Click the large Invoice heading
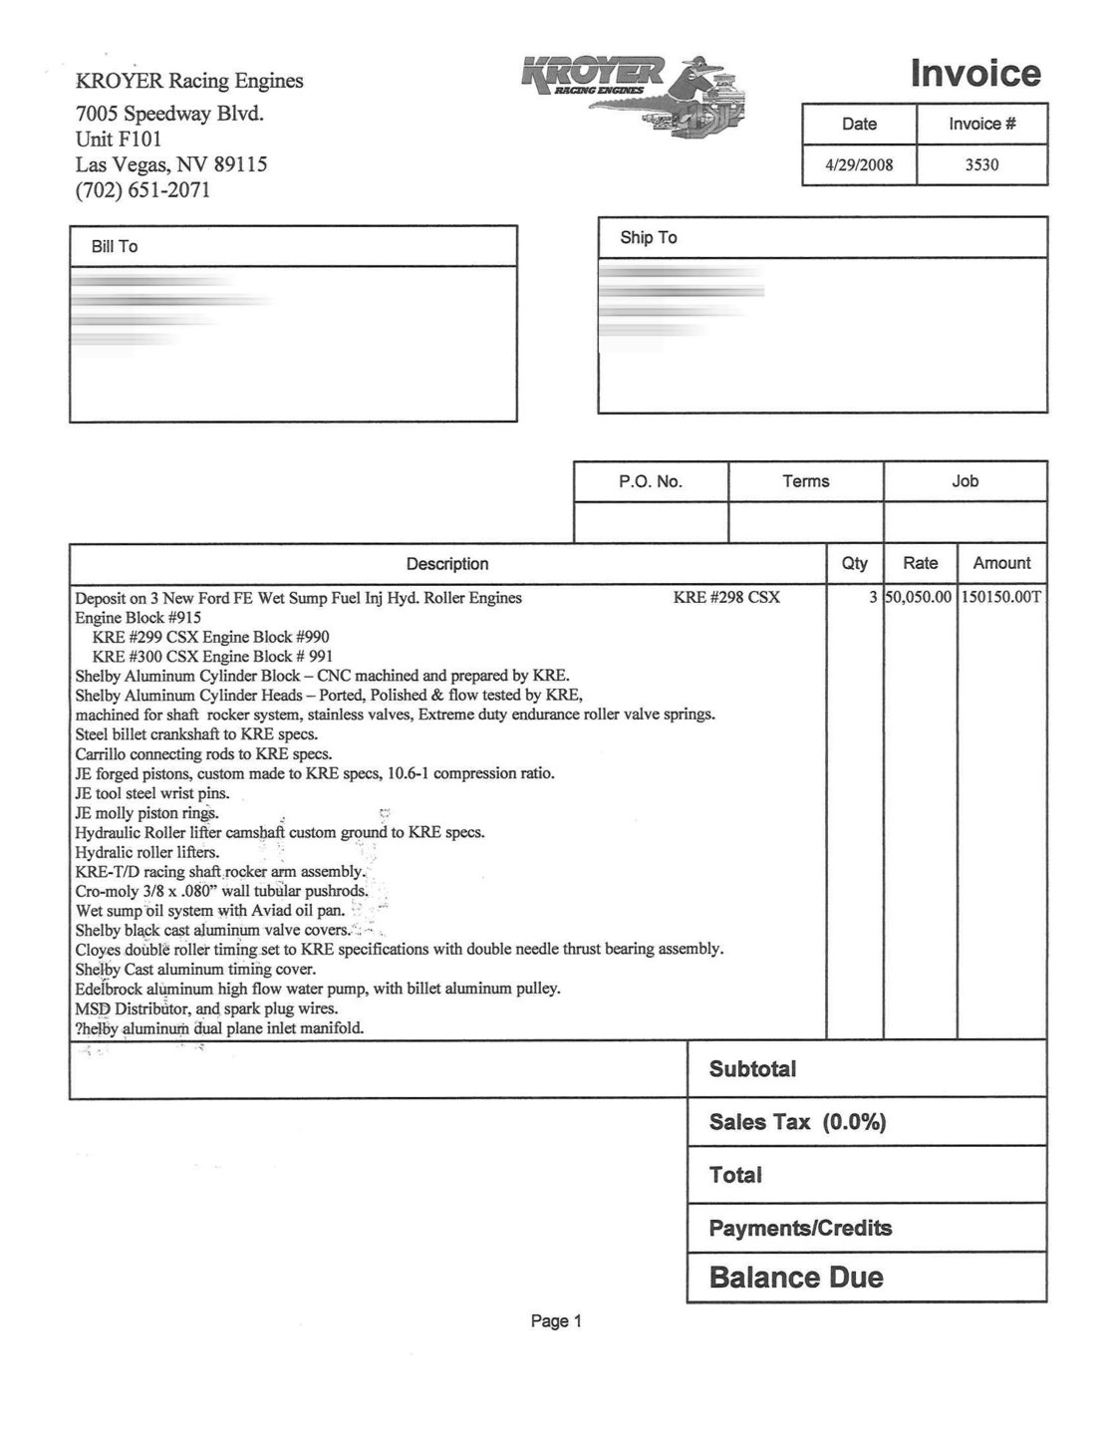pos(975,74)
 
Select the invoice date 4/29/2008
pos(859,165)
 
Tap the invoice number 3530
pos(981,165)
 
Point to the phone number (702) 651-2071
pos(142,190)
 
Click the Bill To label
pos(115,246)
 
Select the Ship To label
pos(648,237)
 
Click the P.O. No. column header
pos(651,481)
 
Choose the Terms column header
pos(805,481)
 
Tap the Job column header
pos(965,481)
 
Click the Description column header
pos(447,564)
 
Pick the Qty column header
pos(855,563)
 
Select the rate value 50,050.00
pos(919,598)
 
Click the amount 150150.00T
pos(1001,598)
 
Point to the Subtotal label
pos(752,1069)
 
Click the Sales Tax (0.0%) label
pos(797,1122)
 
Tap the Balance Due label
pos(795,1278)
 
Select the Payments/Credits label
pos(799,1228)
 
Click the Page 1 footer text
pos(556,1321)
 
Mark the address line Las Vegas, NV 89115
pos(171,164)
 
